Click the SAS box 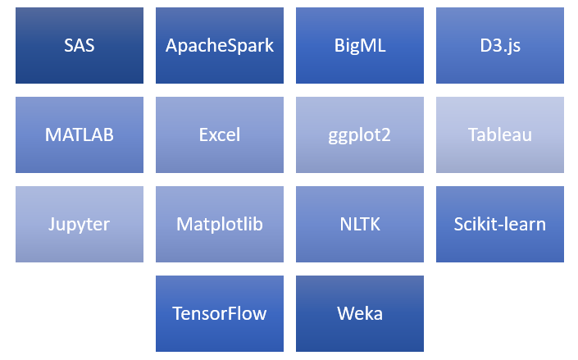(80, 46)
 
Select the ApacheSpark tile (220, 46)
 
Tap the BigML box (360, 46)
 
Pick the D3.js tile (500, 46)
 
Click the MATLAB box (80, 135)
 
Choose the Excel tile (220, 135)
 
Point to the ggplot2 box (360, 135)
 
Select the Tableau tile (500, 135)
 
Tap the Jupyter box (80, 224)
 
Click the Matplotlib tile (220, 224)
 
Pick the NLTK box (360, 224)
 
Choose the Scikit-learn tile (500, 224)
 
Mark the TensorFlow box (220, 313)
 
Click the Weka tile (360, 313)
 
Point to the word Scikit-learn (500, 224)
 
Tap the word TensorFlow (220, 313)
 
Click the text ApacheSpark (220, 46)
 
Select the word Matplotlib (220, 224)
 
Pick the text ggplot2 (360, 135)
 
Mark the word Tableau (500, 135)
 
